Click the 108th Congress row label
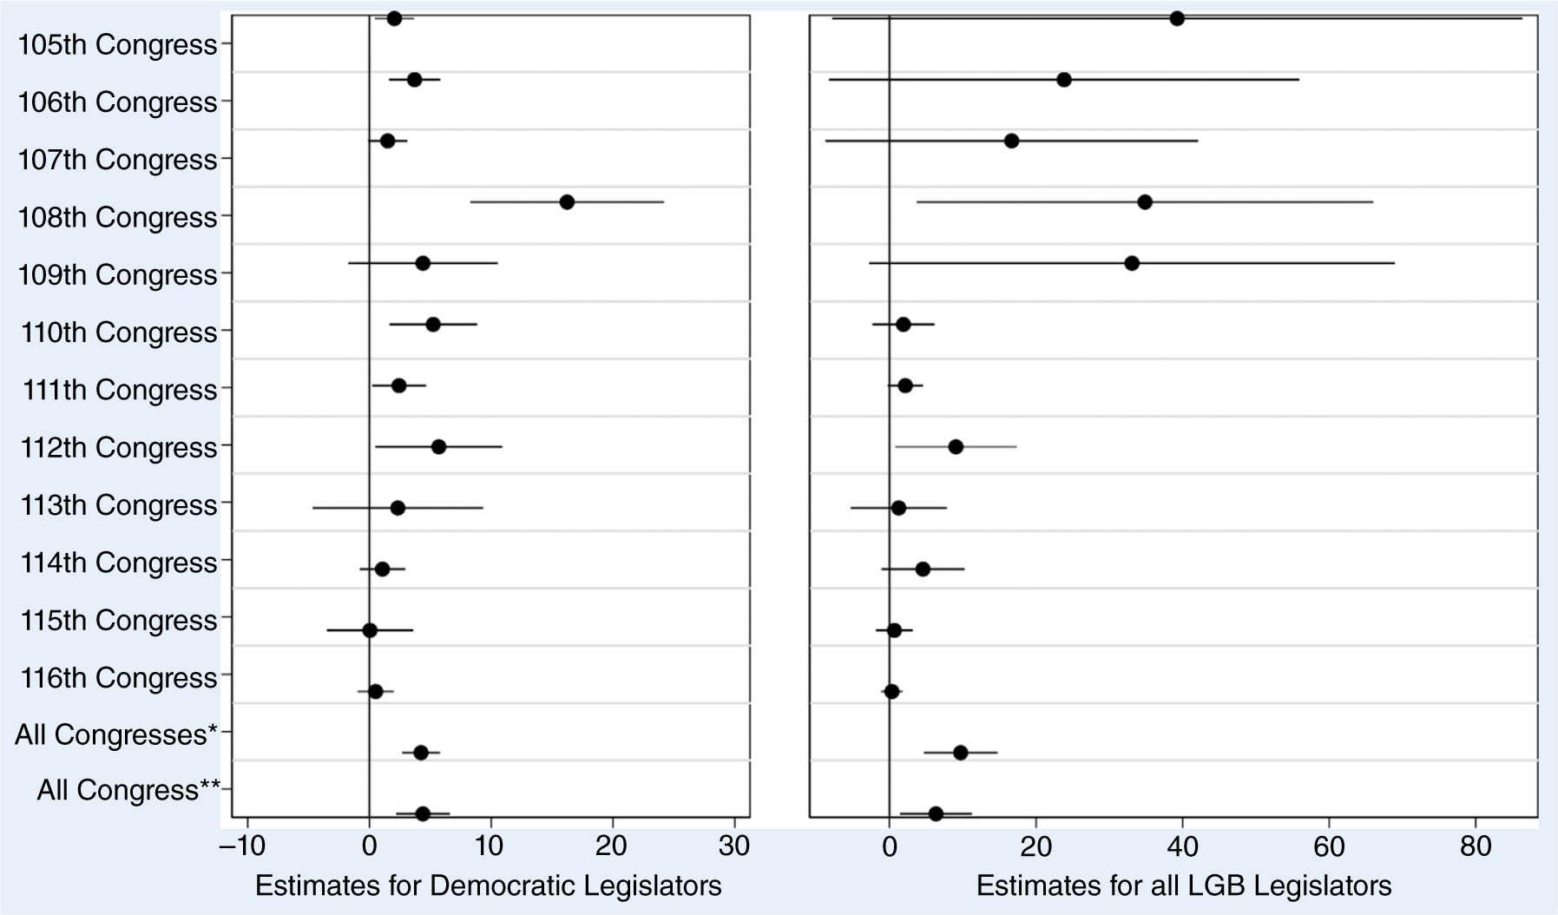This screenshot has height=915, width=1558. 118,217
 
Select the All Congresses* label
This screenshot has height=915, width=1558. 116,735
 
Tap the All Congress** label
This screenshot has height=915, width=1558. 128,791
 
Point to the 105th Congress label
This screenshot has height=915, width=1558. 118,45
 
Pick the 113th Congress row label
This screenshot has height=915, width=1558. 118,505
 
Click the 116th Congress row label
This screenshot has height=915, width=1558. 118,678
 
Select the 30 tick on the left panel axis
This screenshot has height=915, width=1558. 734,846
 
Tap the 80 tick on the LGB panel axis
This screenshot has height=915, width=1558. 1475,846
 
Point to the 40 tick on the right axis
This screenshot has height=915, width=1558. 1181,846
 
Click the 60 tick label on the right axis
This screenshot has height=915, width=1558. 1328,846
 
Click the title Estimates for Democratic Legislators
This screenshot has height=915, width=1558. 488,885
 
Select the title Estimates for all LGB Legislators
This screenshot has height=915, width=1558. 1184,885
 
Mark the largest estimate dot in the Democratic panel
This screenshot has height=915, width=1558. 567,202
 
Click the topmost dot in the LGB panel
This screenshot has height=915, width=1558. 1177,19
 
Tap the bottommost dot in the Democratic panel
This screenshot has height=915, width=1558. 423,813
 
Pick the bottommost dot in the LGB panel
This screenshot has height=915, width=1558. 936,813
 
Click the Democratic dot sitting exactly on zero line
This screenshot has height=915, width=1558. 370,630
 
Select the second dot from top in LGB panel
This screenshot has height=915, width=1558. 1064,80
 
